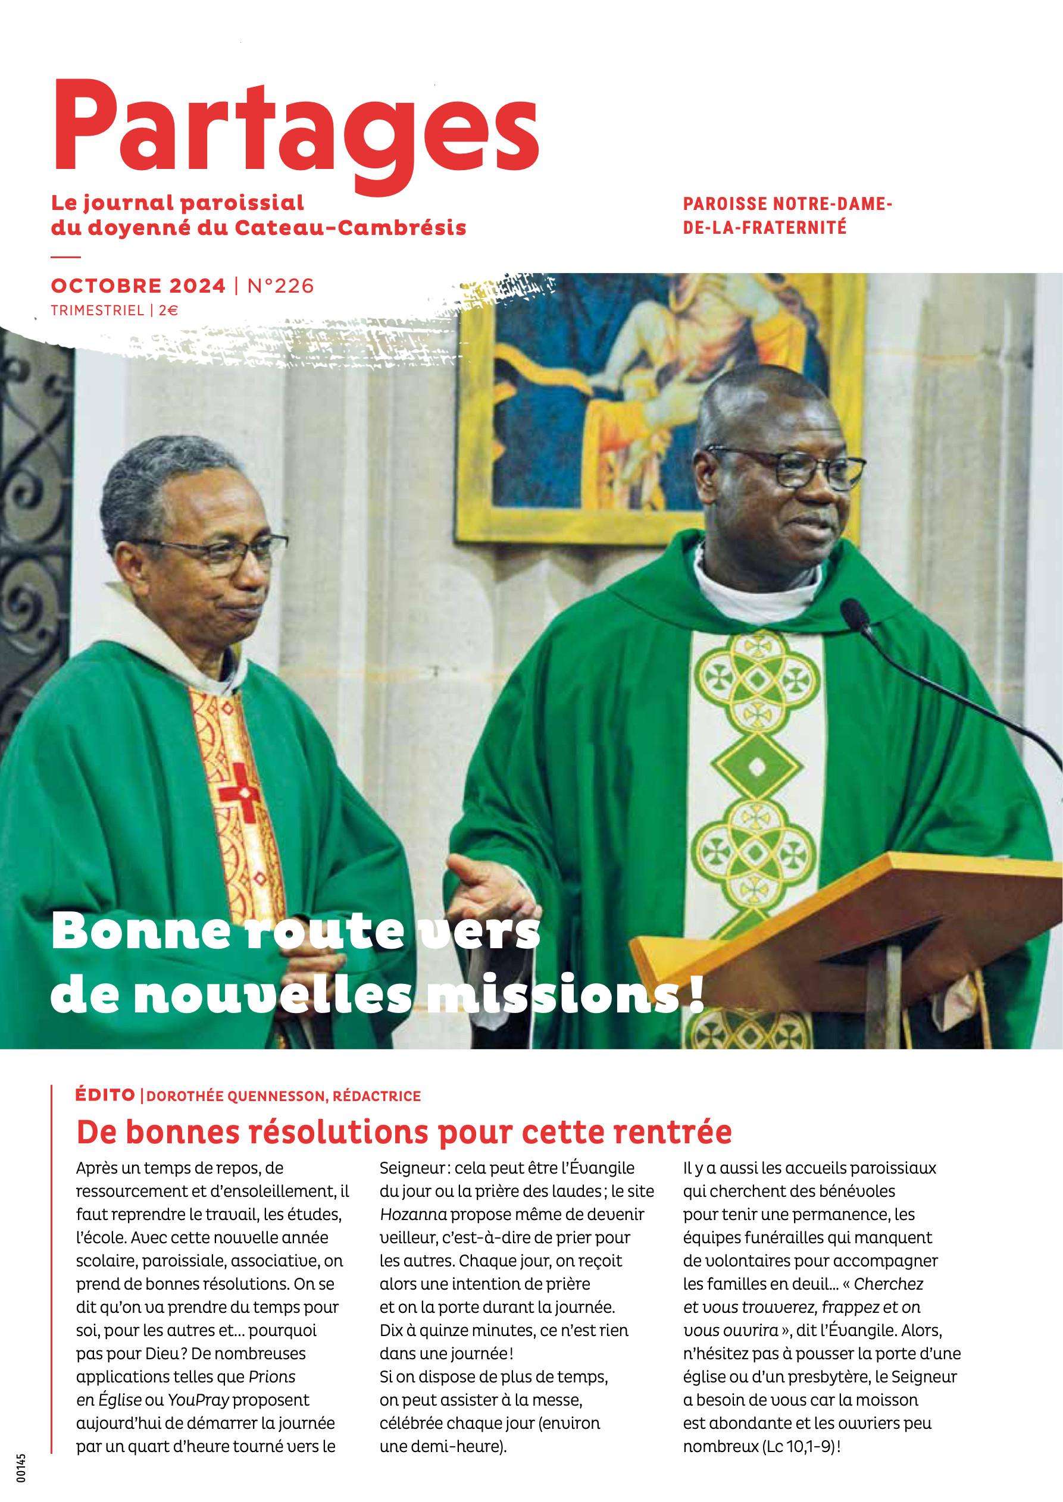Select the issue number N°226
(x=281, y=286)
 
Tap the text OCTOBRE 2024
(x=138, y=286)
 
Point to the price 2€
(x=168, y=311)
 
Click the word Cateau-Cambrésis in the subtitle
(x=350, y=228)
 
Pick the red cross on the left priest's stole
(x=240, y=792)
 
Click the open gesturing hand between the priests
(x=487, y=890)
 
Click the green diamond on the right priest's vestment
(x=756, y=766)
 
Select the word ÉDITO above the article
(x=105, y=1095)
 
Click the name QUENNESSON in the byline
(x=276, y=1096)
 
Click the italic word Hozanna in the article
(x=413, y=1214)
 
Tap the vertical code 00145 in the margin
(x=21, y=1468)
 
